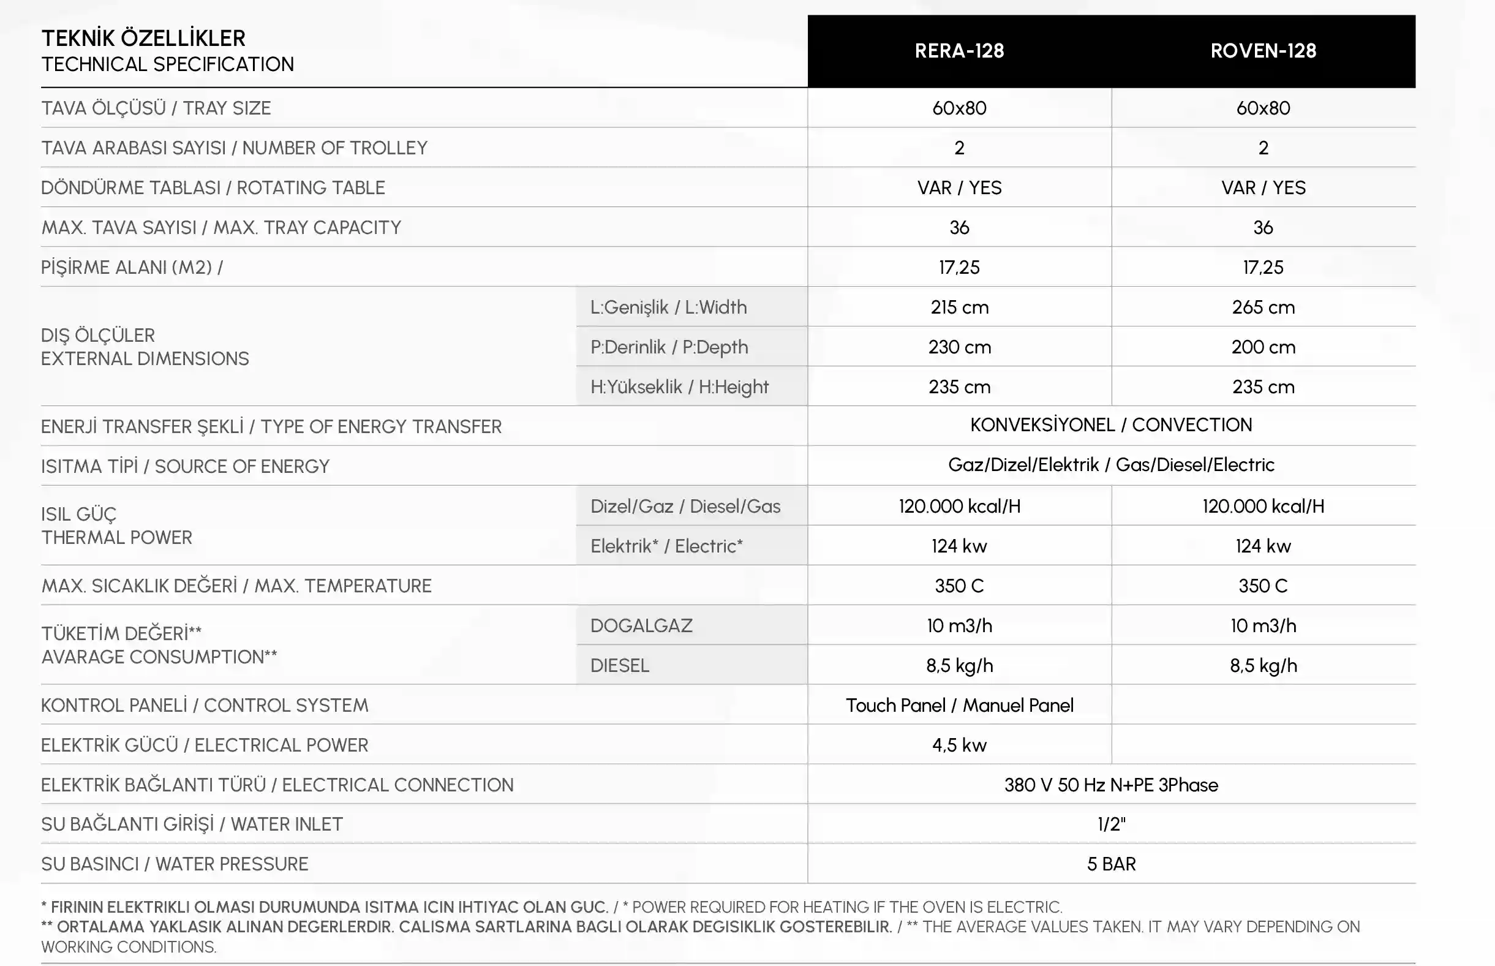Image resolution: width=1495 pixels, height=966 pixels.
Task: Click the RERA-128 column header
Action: (959, 51)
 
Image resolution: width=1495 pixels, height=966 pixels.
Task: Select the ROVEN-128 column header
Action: (1263, 51)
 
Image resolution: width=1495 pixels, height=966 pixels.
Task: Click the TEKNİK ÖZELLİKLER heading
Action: (143, 38)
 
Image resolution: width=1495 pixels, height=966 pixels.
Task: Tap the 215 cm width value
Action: (959, 308)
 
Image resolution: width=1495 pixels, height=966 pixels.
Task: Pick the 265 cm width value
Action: (1263, 308)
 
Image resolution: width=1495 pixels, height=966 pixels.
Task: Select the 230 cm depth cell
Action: (959, 347)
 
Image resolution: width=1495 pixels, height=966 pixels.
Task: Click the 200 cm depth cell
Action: (1263, 347)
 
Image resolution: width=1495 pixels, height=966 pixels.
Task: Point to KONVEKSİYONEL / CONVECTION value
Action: (1110, 425)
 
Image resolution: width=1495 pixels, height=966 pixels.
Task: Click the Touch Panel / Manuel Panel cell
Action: (959, 705)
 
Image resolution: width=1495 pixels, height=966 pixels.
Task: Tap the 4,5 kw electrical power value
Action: (959, 745)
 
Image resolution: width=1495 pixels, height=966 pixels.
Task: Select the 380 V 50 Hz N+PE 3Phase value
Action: (1110, 785)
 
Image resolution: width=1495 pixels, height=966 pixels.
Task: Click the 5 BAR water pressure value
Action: (1110, 864)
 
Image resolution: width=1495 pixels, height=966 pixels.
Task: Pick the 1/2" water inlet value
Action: (1110, 824)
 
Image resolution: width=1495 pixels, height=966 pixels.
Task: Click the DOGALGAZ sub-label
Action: (641, 625)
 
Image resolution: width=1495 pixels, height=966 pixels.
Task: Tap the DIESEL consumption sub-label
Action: (620, 665)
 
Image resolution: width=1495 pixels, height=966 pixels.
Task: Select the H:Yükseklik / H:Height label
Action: (679, 387)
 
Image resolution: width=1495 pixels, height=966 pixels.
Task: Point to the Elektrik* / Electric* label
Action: (666, 546)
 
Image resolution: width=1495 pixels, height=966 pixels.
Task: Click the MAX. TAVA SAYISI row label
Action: (220, 228)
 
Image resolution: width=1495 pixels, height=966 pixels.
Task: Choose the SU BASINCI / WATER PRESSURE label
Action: (175, 864)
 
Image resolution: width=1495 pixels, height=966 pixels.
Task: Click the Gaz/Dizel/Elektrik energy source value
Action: (1110, 465)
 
